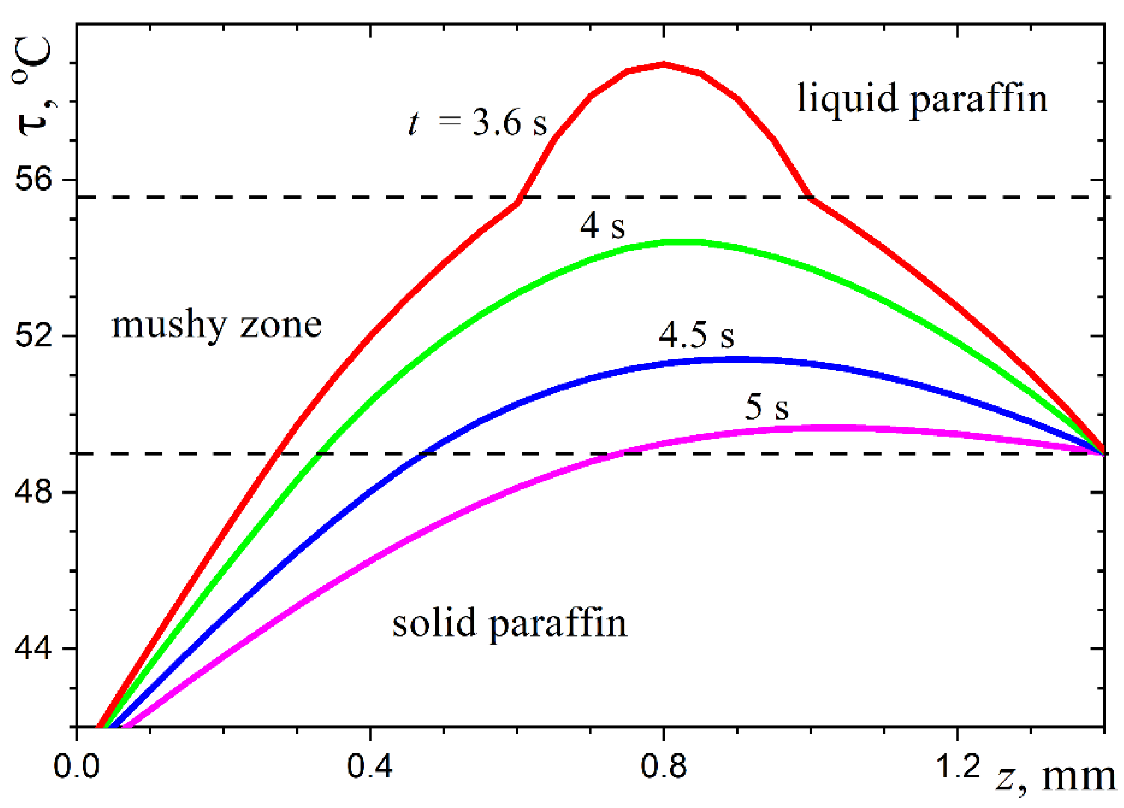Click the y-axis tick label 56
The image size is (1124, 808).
point(33,179)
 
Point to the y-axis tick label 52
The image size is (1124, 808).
point(33,336)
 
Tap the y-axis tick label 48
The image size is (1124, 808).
point(33,492)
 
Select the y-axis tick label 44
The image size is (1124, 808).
point(33,648)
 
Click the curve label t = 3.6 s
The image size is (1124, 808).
point(477,123)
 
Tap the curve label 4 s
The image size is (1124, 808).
point(602,226)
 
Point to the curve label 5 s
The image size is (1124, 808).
point(766,407)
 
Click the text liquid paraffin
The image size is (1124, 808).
point(922,99)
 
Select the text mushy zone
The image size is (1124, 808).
point(216,326)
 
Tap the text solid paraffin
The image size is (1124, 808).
point(509,623)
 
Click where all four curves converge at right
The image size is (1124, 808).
point(1102,452)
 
